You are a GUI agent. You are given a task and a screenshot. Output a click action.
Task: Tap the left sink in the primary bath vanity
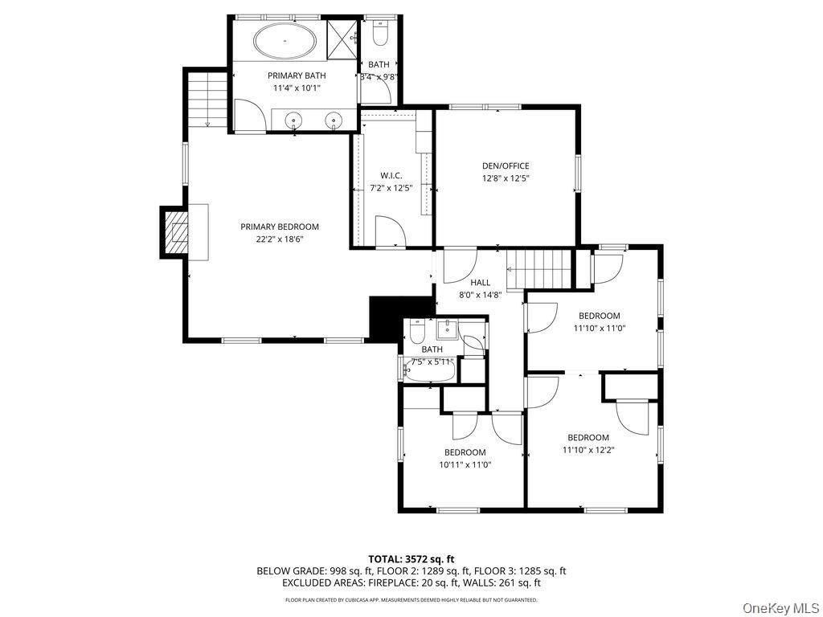tap(295, 121)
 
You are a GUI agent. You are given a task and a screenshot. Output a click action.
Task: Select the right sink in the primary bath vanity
tap(333, 121)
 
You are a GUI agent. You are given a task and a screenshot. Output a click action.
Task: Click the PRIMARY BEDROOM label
tap(280, 227)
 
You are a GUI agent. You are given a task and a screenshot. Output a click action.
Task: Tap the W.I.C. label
tap(391, 176)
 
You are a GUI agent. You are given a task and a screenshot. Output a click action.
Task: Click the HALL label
tap(480, 283)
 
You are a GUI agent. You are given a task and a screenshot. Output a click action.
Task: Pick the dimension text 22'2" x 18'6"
tap(280, 239)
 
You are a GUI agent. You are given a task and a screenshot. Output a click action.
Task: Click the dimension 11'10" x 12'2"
tap(588, 450)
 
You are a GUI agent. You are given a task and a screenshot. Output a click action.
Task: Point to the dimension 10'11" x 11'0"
tap(465, 464)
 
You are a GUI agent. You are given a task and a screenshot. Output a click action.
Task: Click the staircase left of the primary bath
tap(207, 97)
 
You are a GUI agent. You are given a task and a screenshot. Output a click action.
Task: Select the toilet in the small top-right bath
tap(381, 33)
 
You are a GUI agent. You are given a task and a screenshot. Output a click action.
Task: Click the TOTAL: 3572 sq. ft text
tap(411, 558)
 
